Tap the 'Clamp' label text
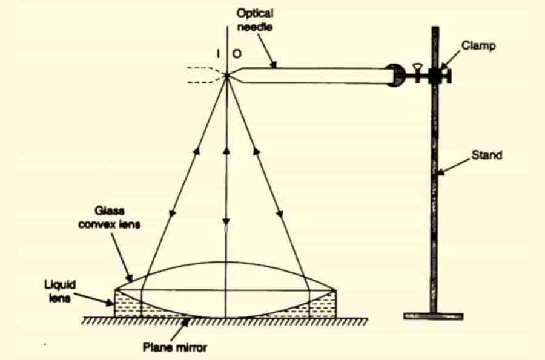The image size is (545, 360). coord(478,45)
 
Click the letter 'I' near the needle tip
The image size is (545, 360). coord(217,54)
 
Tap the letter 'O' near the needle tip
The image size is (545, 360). coord(237,54)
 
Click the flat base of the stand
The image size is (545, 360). coord(433,316)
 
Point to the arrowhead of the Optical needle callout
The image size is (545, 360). coord(276,65)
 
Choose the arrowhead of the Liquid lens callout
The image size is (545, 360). coord(113,301)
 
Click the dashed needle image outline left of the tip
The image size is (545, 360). coord(203,74)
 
